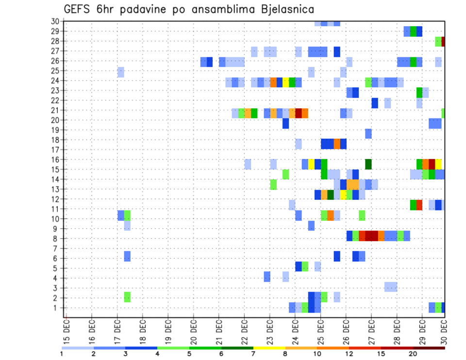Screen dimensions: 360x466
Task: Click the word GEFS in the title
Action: click(79, 9)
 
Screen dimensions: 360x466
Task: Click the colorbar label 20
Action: click(413, 354)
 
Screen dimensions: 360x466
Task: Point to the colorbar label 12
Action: click(349, 354)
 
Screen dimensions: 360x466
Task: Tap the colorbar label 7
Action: click(253, 354)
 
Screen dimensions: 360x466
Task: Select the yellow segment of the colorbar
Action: click(269, 348)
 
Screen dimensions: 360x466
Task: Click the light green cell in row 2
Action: click(127, 297)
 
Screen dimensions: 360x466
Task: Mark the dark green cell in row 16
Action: click(368, 164)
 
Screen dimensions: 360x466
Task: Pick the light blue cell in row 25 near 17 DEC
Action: click(121, 72)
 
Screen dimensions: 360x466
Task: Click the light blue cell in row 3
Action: click(391, 287)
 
